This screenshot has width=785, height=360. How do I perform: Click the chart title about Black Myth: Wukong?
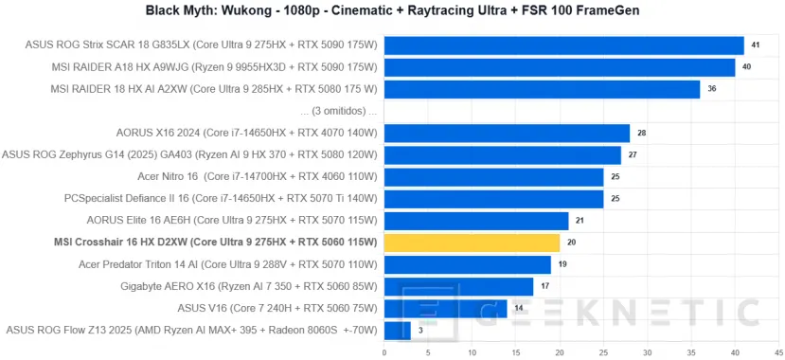click(392, 11)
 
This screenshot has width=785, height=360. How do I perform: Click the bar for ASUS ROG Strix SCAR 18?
click(563, 45)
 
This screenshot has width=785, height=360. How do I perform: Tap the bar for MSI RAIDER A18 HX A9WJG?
click(560, 67)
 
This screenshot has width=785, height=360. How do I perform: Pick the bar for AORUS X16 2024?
click(507, 134)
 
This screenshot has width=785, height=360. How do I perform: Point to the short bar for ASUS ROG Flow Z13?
click(397, 330)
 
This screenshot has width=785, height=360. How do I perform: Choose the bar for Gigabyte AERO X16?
click(458, 286)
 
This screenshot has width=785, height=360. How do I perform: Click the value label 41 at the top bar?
click(755, 45)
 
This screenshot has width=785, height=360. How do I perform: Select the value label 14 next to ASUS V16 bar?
click(516, 308)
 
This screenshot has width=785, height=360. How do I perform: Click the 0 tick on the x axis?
click(384, 351)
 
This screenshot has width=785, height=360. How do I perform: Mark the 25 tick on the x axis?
click(603, 351)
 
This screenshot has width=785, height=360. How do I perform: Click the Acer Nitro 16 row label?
click(258, 176)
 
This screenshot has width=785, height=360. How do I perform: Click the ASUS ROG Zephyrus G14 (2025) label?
click(190, 154)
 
